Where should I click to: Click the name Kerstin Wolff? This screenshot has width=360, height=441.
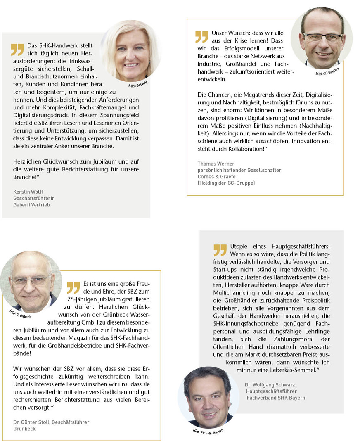pyautogui.click(x=28, y=192)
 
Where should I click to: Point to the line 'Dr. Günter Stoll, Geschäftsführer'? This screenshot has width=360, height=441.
pyautogui.click(x=51, y=422)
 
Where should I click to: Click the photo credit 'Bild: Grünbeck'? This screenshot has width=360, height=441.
pyautogui.click(x=20, y=314)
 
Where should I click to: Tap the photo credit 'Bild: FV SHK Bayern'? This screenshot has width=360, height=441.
pyautogui.click(x=208, y=431)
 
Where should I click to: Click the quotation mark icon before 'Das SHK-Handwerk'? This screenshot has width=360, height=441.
pyautogui.click(x=17, y=50)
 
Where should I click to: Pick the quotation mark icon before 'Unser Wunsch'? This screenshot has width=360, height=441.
pyautogui.click(x=202, y=36)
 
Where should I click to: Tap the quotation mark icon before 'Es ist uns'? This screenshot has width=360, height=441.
pyautogui.click(x=73, y=287)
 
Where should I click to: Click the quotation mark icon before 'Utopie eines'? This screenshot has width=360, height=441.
pyautogui.click(x=220, y=250)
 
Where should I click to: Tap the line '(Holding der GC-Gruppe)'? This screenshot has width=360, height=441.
pyautogui.click(x=226, y=183)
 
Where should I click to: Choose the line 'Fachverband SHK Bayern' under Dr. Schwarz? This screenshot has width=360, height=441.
pyautogui.click(x=276, y=398)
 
